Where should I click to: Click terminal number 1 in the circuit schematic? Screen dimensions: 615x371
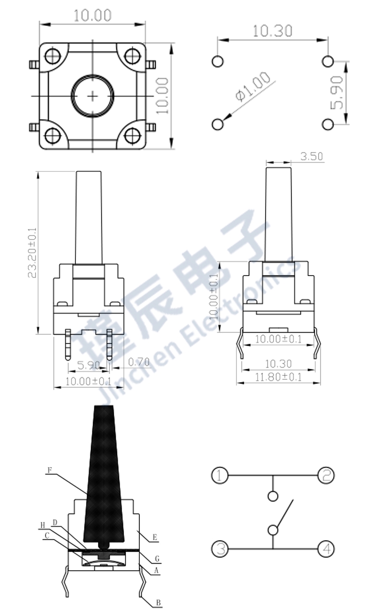[x=219, y=476]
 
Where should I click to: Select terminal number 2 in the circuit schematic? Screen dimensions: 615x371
[x=325, y=476]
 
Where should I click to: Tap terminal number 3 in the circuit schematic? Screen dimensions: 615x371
[x=220, y=549]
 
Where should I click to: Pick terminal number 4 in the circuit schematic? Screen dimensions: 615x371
[x=326, y=549]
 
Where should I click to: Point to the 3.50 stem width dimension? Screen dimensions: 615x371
[x=311, y=156]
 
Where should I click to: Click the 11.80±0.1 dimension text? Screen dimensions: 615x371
[x=278, y=377]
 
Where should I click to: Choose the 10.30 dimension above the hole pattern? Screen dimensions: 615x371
[x=272, y=31]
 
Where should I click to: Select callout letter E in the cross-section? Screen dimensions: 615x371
[x=155, y=538]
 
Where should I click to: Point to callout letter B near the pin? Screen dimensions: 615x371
[x=158, y=602]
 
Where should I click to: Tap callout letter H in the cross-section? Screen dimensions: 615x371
[x=42, y=525]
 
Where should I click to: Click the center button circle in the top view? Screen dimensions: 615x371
[x=93, y=96]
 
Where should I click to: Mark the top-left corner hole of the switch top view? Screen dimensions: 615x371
[x=52, y=56]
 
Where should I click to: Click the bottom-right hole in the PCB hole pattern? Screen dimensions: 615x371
[x=328, y=124]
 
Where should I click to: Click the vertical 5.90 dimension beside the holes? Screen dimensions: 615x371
[x=339, y=92]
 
